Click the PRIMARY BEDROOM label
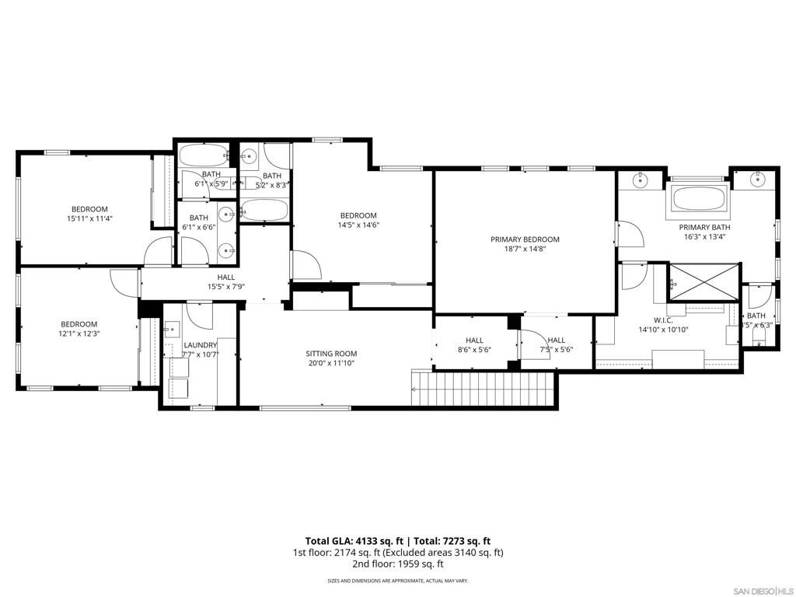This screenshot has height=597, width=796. coord(525,239)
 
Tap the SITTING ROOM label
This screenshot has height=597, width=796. coord(331,354)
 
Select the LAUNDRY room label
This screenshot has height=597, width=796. coord(200,345)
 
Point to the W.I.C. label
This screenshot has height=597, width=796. coord(663,319)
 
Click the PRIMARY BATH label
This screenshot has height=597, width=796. coord(707,228)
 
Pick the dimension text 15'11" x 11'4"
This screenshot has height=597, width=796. coord(89,218)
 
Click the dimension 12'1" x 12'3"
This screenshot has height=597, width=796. coord(79,333)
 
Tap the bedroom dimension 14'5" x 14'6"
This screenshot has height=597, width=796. coord(358,225)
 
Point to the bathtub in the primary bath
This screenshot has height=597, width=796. coord(698,197)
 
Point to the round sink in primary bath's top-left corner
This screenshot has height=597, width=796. coord(640,182)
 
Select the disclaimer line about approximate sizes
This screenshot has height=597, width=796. coord(397,581)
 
